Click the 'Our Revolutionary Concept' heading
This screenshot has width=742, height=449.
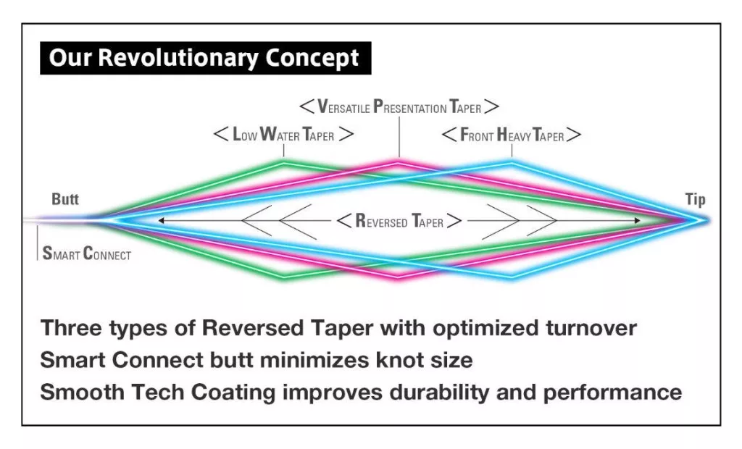click(x=204, y=58)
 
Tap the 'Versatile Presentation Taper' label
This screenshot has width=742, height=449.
click(x=399, y=107)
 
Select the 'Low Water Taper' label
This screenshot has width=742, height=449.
click(x=283, y=135)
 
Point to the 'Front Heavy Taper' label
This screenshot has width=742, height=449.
click(x=512, y=135)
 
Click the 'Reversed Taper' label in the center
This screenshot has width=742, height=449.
click(x=399, y=221)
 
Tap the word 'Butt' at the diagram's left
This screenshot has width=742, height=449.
click(x=65, y=199)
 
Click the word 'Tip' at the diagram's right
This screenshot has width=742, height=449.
click(x=694, y=199)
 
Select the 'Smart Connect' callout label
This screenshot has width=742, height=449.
click(x=86, y=254)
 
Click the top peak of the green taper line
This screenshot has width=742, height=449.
click(x=283, y=161)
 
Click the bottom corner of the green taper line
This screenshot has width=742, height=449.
click(x=283, y=277)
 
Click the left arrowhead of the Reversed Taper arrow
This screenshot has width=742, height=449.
click(x=161, y=219)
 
